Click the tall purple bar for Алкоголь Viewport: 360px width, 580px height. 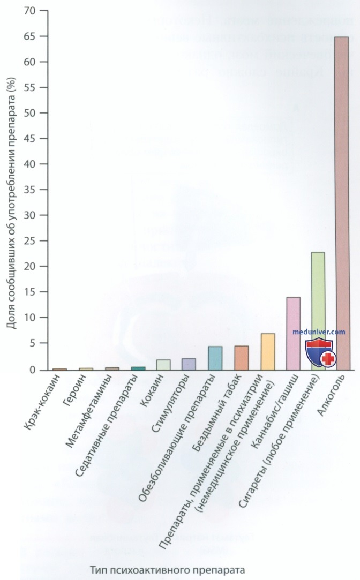(341, 204)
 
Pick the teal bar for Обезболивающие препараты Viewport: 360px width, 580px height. (215, 358)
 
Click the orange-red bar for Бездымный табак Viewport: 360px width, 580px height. (241, 358)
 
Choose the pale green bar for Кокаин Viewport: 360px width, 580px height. (163, 364)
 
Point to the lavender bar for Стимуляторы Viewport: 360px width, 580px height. (189, 364)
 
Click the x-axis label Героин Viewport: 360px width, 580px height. (71, 394)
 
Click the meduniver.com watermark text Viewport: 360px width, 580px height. (319, 332)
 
